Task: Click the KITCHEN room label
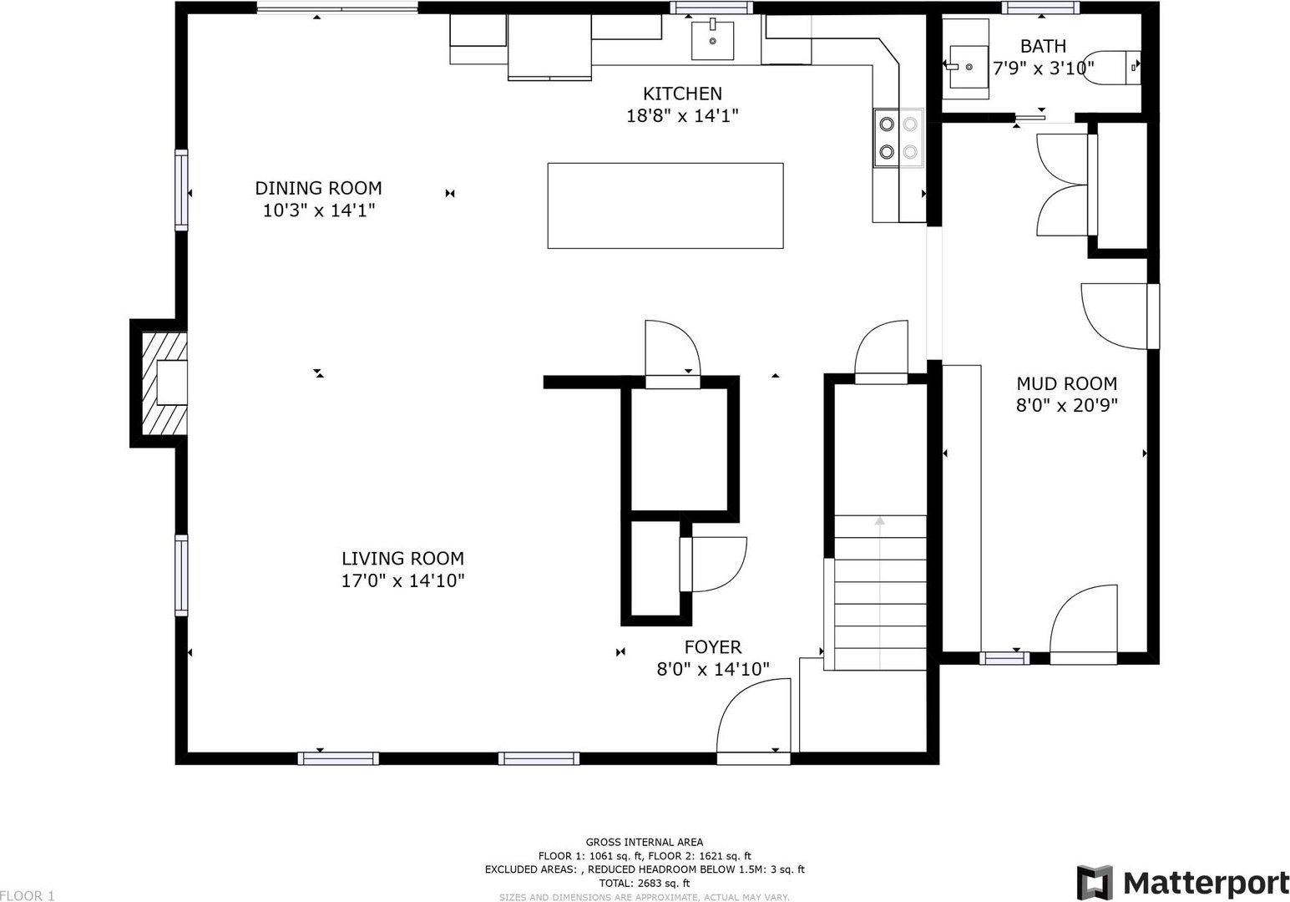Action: [682, 94]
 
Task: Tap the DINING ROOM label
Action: [318, 188]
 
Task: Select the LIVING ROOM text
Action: [402, 558]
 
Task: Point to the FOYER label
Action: [713, 646]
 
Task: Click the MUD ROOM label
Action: [1066, 383]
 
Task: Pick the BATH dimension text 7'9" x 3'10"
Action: [1044, 68]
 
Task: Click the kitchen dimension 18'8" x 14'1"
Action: [682, 116]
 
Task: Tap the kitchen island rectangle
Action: [665, 205]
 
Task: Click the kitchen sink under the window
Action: [712, 40]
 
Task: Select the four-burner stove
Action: [898, 138]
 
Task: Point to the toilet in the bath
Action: [1111, 68]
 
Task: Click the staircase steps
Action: [880, 592]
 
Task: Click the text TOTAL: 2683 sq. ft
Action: [644, 883]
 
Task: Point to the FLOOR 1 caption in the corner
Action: [27, 895]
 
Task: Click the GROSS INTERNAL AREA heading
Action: [644, 842]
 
